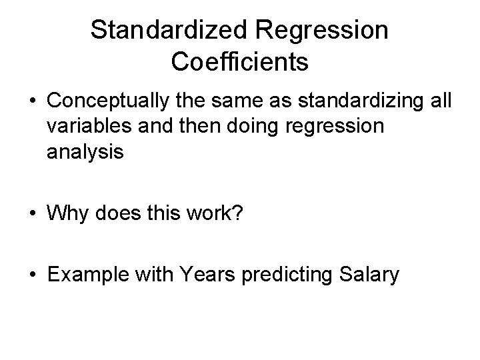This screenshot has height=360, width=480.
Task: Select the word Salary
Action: click(375, 275)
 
